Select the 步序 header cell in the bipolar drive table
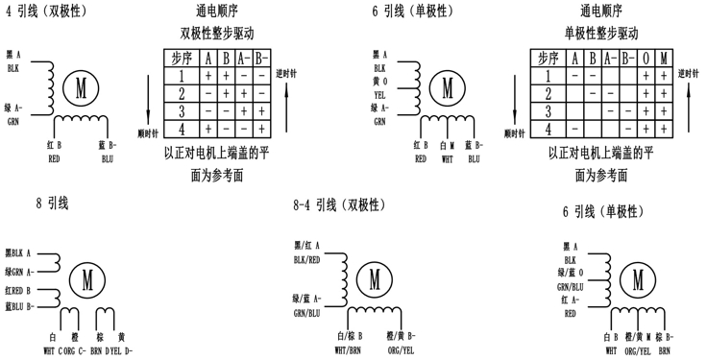[181, 59]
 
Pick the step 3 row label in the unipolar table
[547, 110]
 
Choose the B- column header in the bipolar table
[260, 59]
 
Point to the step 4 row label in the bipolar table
[181, 128]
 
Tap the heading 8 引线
[52, 203]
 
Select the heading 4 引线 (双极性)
[44, 12]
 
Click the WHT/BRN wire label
[347, 350]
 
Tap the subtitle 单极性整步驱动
[600, 33]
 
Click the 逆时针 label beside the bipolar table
[284, 73]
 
